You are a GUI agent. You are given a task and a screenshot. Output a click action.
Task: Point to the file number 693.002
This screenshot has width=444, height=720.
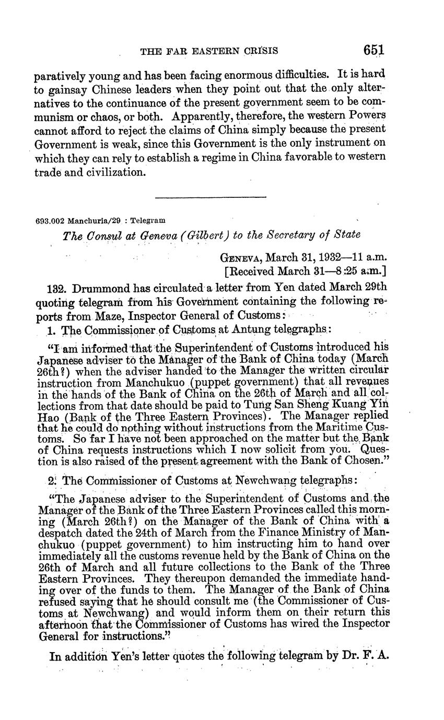click(50, 221)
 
